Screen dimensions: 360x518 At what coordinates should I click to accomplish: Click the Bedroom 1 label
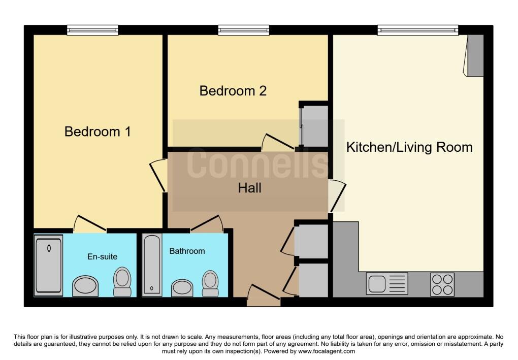98,132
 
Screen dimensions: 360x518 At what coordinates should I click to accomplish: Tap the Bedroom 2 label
233,91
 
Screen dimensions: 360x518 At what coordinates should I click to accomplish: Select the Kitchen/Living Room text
409,147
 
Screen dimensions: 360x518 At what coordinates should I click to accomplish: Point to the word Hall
250,188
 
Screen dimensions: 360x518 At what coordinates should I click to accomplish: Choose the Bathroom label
187,251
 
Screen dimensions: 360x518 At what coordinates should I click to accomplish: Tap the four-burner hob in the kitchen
442,284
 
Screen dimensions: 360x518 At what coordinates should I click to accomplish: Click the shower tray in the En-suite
49,265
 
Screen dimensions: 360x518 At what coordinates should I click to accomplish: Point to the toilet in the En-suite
122,282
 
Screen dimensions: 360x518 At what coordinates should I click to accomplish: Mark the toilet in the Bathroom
210,283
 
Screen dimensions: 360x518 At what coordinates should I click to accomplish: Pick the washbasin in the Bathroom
182,287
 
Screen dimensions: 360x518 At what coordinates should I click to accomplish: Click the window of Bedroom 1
92,30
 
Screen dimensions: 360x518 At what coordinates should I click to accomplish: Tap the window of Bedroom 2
243,30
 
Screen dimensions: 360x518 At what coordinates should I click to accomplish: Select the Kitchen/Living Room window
417,30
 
